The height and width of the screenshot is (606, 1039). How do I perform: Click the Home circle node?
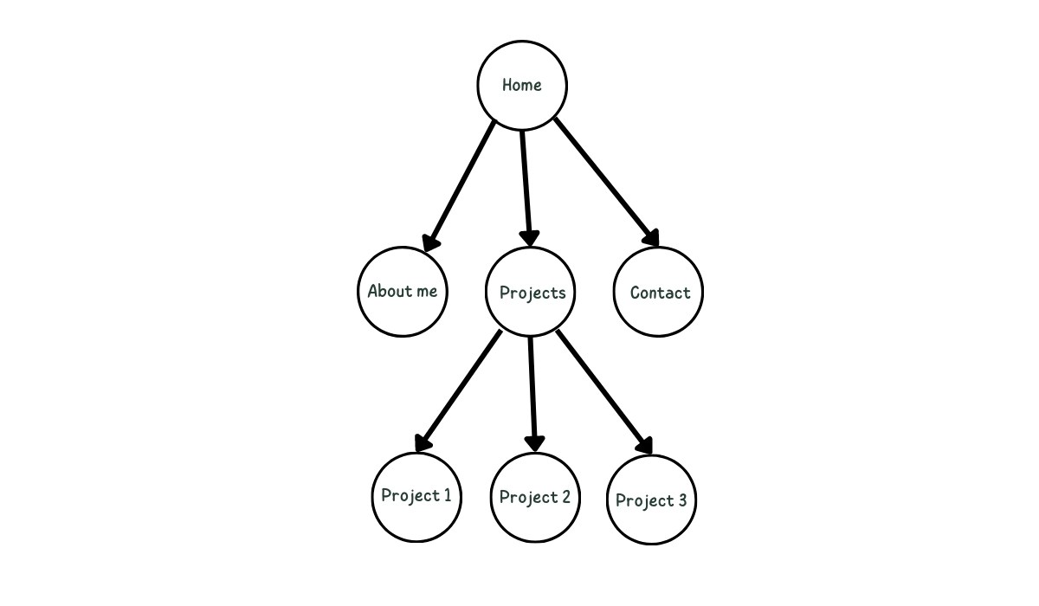(522, 85)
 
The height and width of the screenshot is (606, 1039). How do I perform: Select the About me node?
(403, 291)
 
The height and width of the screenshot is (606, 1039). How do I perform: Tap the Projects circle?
(532, 292)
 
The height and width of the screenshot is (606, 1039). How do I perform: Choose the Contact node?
(660, 292)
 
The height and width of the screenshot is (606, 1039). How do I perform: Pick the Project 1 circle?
(416, 496)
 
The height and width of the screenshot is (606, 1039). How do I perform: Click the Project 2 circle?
(534, 497)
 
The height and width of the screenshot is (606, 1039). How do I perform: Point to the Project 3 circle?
(651, 500)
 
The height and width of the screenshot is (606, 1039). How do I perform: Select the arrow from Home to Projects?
(526, 182)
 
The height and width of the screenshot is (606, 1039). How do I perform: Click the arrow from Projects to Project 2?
(532, 390)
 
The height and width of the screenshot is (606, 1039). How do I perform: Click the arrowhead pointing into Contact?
(650, 237)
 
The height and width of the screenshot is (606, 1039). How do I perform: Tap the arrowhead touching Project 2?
(535, 442)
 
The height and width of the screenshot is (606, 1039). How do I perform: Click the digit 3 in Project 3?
(681, 500)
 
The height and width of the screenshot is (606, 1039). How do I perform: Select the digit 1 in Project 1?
(446, 495)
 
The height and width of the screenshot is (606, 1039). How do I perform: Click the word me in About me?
(427, 291)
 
